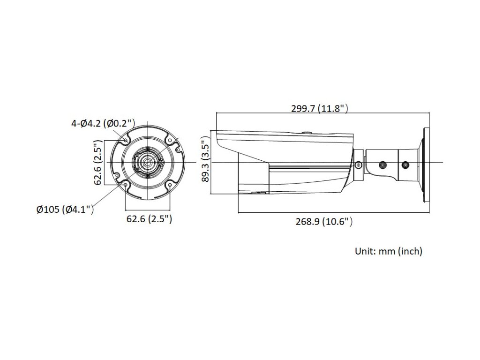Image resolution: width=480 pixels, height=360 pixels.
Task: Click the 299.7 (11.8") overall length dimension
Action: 320,108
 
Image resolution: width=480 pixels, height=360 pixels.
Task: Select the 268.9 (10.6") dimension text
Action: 324,221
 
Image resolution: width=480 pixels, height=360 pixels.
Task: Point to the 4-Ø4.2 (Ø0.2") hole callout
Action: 103,123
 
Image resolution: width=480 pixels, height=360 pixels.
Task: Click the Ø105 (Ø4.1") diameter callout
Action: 65,210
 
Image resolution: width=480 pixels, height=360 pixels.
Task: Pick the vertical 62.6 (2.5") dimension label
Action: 97,162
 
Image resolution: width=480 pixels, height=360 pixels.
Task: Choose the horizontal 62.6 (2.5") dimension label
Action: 149,219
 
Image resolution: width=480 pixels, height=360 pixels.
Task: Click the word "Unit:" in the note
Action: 365,251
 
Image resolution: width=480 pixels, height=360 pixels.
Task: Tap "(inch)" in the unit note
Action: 410,251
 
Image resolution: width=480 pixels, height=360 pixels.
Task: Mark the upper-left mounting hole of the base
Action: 126,140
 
